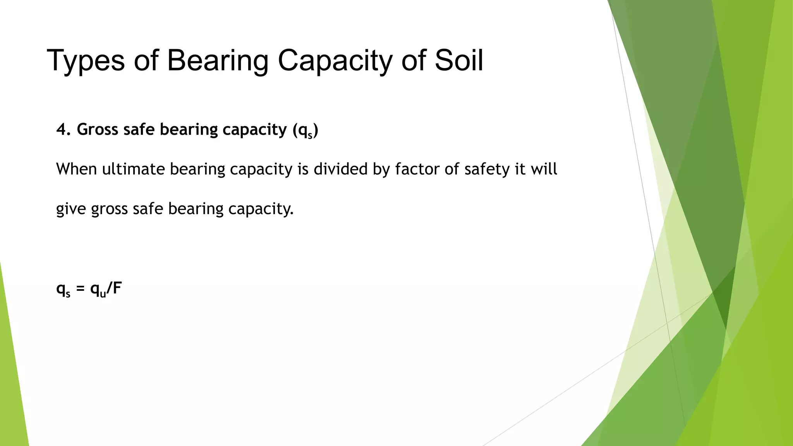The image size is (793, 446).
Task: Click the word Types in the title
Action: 86,60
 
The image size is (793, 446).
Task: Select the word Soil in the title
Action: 459,60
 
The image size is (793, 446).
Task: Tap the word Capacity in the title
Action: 335,60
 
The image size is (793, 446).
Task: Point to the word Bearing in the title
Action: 218,60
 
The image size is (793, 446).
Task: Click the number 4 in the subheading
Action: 61,129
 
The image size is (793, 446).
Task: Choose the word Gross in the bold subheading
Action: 98,129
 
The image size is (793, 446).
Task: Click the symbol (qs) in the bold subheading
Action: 306,130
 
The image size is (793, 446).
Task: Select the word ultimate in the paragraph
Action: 134,169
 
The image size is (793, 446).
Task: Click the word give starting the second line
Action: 71,209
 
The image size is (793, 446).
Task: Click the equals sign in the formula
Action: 80,289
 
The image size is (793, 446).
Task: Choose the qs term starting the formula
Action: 63,290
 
